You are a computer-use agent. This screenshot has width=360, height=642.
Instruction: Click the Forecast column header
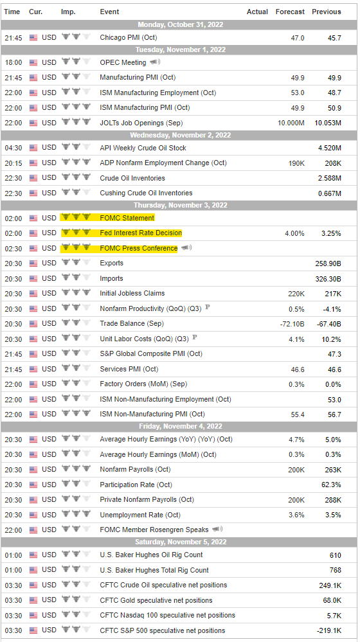pos(290,12)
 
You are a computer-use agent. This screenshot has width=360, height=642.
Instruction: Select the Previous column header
pos(327,12)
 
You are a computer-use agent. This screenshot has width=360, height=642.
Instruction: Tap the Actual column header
pos(257,12)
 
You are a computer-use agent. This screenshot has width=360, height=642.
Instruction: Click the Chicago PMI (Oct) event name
pos(128,38)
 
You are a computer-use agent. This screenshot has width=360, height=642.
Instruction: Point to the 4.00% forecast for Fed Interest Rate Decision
pos(294,233)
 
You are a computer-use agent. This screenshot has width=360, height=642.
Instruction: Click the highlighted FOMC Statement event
pos(127,218)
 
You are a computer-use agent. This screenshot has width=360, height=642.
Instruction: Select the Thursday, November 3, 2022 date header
pos(180,205)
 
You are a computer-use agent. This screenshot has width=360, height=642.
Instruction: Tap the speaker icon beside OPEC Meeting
pos(155,62)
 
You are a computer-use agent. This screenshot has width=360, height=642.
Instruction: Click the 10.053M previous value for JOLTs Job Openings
pos(326,123)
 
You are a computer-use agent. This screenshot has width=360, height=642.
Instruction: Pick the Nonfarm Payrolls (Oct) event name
pos(135,470)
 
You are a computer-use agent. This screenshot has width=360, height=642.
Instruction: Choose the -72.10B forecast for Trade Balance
pos(292,324)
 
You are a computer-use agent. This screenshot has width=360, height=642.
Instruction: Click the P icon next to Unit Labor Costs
pos(195,338)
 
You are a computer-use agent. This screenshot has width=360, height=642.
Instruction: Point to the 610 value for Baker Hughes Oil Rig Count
pos(336,555)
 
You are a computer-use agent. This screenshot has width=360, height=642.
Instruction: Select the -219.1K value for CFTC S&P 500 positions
pos(328,631)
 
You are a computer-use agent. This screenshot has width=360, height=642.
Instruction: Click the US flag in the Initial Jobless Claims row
pos(33,293)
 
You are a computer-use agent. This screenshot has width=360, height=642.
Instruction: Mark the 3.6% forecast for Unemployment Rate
pos(296,515)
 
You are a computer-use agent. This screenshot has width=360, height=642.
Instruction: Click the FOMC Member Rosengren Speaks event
pos(154,530)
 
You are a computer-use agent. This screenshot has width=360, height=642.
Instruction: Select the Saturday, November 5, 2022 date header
pos(180,542)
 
